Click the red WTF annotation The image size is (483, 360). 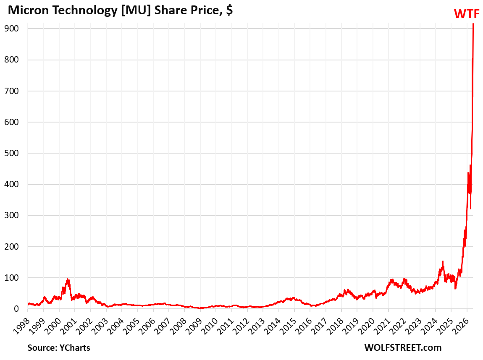pyautogui.click(x=467, y=14)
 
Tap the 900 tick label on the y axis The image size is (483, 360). pyautogui.click(x=11, y=29)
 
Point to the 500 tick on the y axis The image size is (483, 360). pyautogui.click(x=11, y=153)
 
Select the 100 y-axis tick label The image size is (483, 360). pyautogui.click(x=11, y=278)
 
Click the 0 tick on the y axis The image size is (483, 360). pyautogui.click(x=16, y=309)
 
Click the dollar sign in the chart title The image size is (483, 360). pyautogui.click(x=229, y=10)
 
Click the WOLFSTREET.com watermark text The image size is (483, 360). pyautogui.click(x=403, y=347)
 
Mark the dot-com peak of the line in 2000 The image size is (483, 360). pyautogui.click(x=68, y=279)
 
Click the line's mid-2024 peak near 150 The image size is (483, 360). pyautogui.click(x=443, y=261)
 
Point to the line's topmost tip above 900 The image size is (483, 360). pyautogui.click(x=473, y=24)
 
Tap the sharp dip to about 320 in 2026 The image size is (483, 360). pyautogui.click(x=471, y=209)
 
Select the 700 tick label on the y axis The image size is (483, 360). pyautogui.click(x=11, y=91)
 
